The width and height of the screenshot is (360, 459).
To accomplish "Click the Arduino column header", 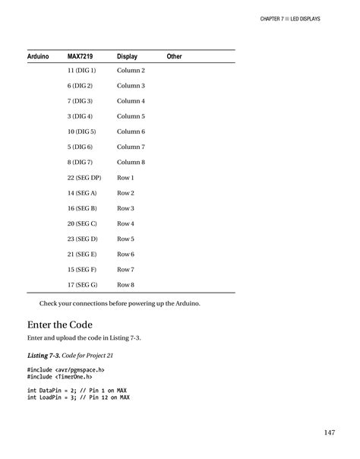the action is (x=38, y=57).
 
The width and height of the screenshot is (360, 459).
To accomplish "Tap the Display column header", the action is (x=127, y=57).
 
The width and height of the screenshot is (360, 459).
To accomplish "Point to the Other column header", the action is (x=175, y=57).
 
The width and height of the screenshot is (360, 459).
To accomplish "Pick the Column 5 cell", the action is (x=131, y=116).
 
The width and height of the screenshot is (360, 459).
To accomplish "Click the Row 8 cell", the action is (x=125, y=285).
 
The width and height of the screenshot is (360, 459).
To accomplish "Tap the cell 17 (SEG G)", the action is (x=82, y=285).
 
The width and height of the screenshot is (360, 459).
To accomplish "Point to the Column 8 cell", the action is (x=131, y=162).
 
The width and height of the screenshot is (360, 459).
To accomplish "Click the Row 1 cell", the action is (x=125, y=178).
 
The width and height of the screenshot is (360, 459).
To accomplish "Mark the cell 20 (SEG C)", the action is (x=82, y=223).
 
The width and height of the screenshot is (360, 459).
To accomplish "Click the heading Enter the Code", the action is (x=60, y=324).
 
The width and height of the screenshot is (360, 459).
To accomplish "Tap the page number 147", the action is (x=329, y=433).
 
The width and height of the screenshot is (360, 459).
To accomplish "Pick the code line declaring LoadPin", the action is (x=78, y=397).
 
